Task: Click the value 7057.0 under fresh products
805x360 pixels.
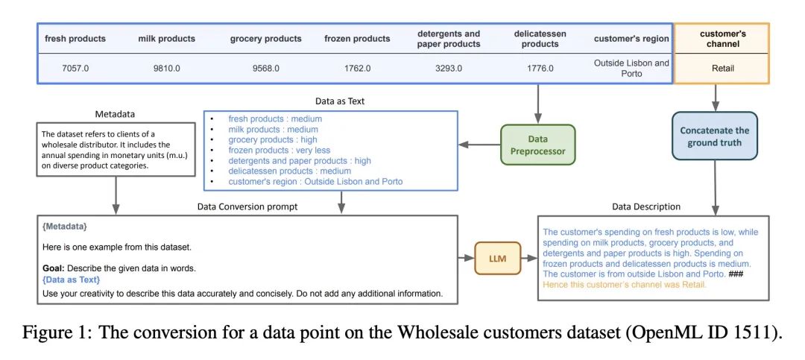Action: pyautogui.click(x=75, y=69)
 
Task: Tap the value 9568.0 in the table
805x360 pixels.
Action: pyautogui.click(x=265, y=69)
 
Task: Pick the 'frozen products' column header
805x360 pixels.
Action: pyautogui.click(x=357, y=39)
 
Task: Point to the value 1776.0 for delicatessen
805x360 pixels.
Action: pyautogui.click(x=540, y=69)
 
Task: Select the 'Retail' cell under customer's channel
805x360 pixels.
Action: pyautogui.click(x=722, y=69)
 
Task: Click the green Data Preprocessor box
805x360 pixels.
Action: pyautogui.click(x=537, y=145)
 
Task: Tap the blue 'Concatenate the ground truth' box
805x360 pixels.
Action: pyautogui.click(x=714, y=136)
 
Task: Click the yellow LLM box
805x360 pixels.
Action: pyautogui.click(x=497, y=258)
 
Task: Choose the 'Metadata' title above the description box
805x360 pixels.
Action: pyautogui.click(x=115, y=114)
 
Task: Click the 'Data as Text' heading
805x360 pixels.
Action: pyautogui.click(x=339, y=101)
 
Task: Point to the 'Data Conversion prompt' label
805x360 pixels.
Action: pyautogui.click(x=247, y=206)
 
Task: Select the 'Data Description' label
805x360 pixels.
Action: pyautogui.click(x=646, y=206)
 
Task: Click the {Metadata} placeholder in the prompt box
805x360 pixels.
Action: pyautogui.click(x=65, y=226)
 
